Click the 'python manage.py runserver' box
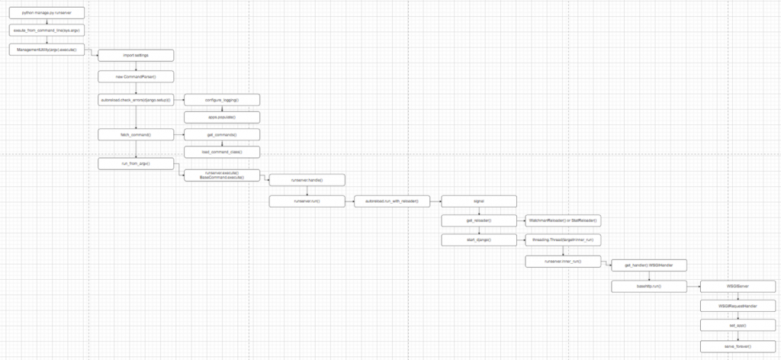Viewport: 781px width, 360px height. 47,14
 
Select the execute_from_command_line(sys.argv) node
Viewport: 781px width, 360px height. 47,31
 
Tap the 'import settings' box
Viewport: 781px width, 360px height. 136,55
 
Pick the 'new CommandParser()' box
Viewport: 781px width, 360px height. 136,76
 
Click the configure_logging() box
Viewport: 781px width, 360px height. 223,99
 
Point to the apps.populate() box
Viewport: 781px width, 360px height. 223,117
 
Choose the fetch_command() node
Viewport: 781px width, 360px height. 136,134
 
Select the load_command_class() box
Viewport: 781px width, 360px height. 223,152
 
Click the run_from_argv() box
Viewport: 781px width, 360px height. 136,163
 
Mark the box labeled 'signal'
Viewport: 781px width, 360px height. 479,201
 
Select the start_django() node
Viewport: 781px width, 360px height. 479,240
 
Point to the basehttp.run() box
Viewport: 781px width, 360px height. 648,286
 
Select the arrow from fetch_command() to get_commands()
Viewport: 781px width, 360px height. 179,134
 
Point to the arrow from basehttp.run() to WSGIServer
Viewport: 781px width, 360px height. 693,286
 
